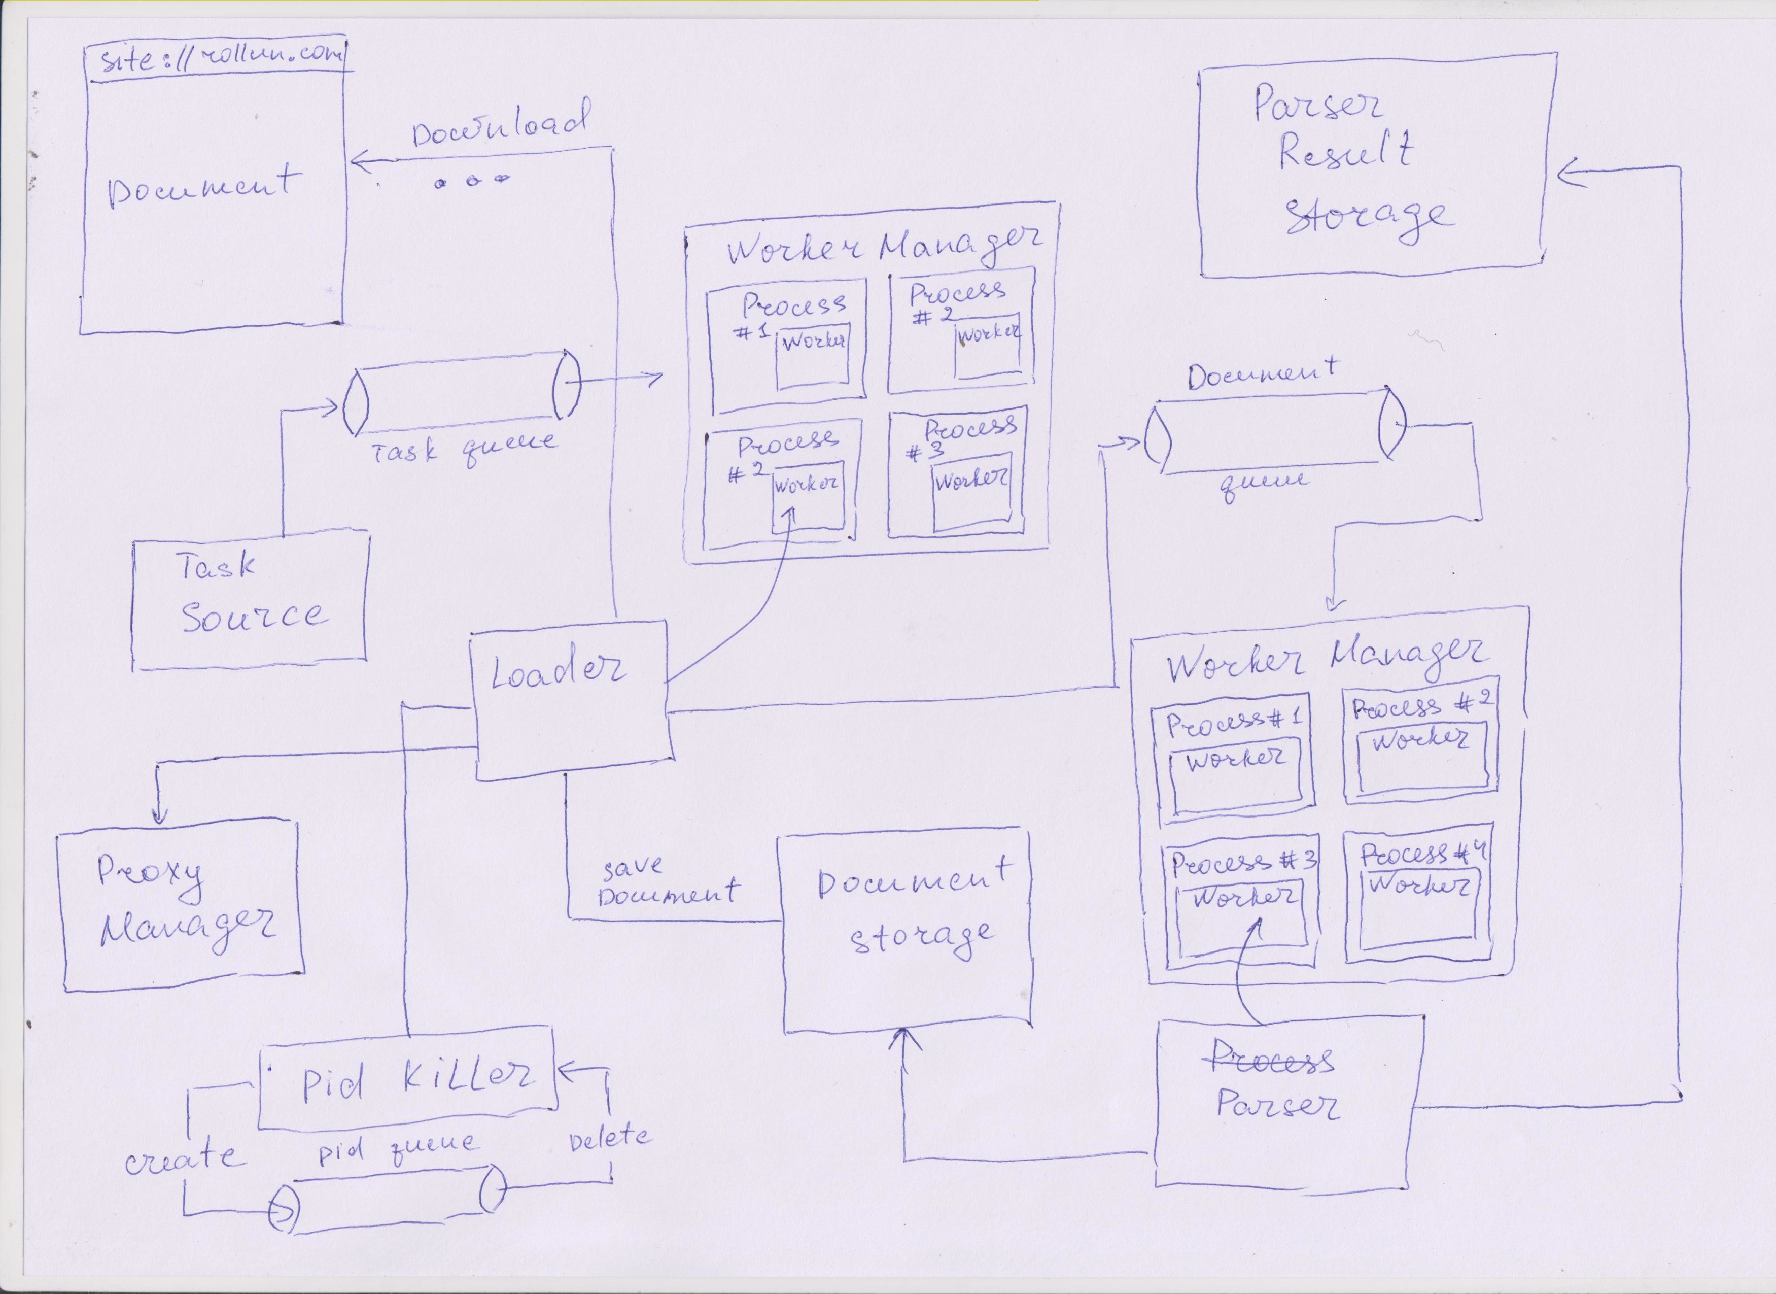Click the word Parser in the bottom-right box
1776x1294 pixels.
(x=1278, y=1105)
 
